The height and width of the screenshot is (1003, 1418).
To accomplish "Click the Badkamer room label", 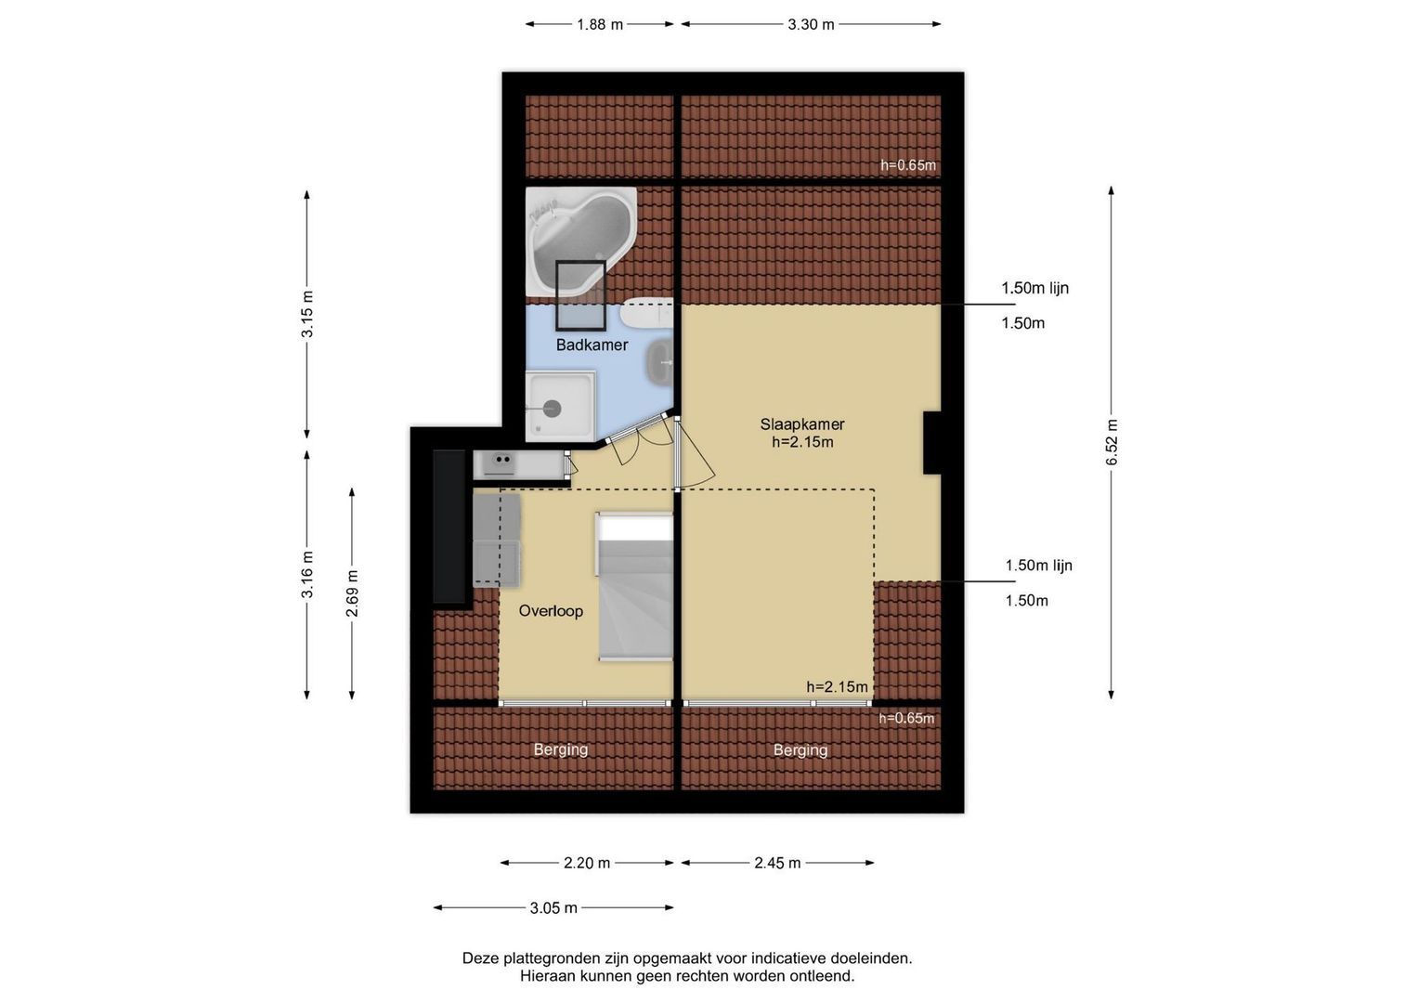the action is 592,345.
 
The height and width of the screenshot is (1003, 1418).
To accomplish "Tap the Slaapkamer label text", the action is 802,424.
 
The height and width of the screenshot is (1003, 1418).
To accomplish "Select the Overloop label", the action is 551,611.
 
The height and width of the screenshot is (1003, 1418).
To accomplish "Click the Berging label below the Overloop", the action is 561,749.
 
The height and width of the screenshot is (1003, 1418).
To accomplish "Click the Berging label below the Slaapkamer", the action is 800,750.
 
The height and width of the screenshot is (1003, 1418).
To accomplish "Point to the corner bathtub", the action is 581,241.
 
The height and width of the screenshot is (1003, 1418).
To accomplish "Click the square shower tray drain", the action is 552,409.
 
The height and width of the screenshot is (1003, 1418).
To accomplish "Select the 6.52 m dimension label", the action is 1112,442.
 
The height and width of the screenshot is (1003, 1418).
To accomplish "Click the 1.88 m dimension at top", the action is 600,25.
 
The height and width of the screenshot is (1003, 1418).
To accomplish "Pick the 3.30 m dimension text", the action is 811,25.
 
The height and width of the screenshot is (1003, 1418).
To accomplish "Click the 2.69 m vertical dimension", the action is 352,593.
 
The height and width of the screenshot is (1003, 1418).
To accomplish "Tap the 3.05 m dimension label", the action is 553,908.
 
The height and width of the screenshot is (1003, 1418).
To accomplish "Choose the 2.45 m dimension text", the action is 777,863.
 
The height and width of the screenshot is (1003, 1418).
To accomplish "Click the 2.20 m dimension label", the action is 587,863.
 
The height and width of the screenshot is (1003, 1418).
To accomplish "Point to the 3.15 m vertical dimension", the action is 307,314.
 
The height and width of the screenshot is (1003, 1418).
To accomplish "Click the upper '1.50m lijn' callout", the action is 1035,288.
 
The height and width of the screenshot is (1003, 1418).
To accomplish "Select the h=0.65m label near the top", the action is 908,165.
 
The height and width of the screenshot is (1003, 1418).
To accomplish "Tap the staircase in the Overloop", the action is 634,587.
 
